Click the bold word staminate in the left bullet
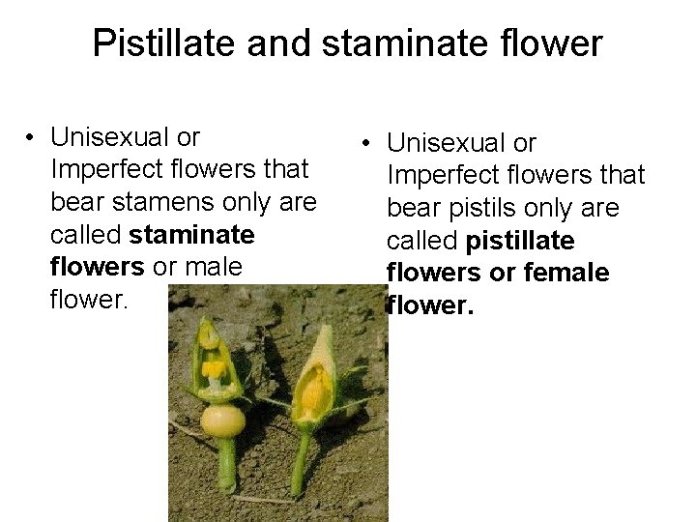click(x=191, y=235)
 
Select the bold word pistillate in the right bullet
click(x=519, y=241)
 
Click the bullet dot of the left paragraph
click(x=32, y=137)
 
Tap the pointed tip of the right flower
click(x=326, y=329)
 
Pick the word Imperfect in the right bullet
click(x=445, y=175)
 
